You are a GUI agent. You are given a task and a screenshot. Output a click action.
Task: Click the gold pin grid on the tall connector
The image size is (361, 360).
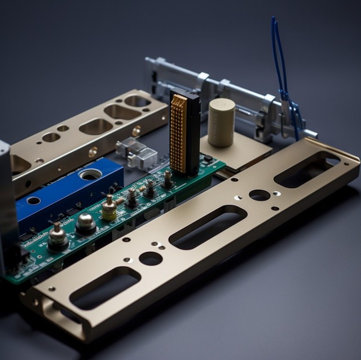coord(179,134)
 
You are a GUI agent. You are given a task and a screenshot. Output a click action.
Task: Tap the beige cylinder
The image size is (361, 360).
coord(221,122)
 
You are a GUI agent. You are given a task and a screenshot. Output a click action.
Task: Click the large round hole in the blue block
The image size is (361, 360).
coord(90,175)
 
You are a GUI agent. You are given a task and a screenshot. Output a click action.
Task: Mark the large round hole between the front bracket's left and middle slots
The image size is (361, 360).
coord(151,258)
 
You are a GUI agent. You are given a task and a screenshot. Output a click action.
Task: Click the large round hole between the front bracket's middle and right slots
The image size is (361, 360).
coord(259,195)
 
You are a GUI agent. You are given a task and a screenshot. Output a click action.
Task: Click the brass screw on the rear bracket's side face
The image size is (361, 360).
coord(93,151)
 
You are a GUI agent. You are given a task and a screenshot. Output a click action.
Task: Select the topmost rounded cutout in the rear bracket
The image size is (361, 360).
coord(138,101)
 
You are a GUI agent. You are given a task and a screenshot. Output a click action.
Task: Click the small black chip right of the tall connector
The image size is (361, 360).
coord(207,159)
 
